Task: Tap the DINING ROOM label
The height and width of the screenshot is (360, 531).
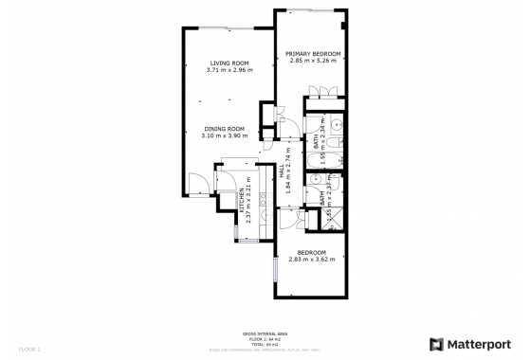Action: point(224,128)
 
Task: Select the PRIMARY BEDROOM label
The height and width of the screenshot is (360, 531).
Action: point(313,54)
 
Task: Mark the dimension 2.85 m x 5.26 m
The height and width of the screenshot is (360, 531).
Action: point(313,62)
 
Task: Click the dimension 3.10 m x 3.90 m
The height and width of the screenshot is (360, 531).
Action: point(224,135)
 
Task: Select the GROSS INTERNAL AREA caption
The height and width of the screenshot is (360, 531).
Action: point(265,333)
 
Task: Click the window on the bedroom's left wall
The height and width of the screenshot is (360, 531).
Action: point(275,269)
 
